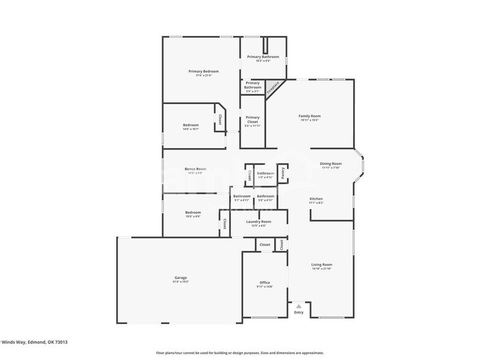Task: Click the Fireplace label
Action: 273,87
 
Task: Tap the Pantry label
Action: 283,174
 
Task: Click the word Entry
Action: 298,312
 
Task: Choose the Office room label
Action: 264,282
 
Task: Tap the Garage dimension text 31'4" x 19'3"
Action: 181,282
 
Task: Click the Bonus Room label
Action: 195,168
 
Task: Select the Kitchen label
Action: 316,199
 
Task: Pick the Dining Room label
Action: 331,163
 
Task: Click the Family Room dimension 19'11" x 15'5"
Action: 309,120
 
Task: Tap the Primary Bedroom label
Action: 203,71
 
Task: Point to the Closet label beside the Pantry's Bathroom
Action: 249,176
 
